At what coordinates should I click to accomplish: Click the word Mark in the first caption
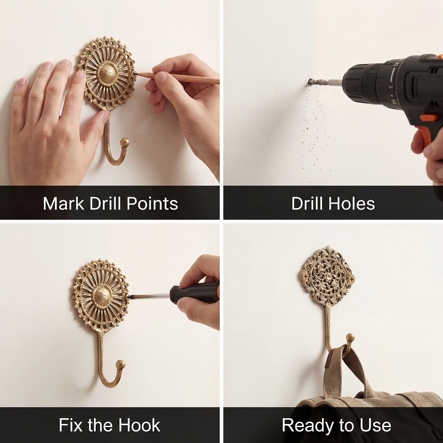click(x=63, y=203)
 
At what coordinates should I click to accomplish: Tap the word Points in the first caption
click(x=152, y=203)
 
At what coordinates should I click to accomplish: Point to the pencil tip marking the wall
click(x=135, y=74)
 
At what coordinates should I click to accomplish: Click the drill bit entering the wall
click(x=325, y=82)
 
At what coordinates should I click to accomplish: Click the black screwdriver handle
click(x=194, y=293)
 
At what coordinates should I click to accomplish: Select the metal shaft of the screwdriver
click(x=149, y=296)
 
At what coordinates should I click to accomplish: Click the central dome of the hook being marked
click(x=107, y=74)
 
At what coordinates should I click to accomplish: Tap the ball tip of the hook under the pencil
click(x=124, y=142)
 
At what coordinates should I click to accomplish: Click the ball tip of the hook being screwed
click(x=120, y=365)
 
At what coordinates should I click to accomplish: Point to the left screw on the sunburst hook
click(x=78, y=297)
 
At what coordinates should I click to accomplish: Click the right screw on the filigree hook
click(x=351, y=279)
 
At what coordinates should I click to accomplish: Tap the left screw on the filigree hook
click(x=305, y=276)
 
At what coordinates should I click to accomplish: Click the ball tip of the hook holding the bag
click(x=350, y=338)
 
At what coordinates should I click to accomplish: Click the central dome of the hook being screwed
click(x=101, y=296)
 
